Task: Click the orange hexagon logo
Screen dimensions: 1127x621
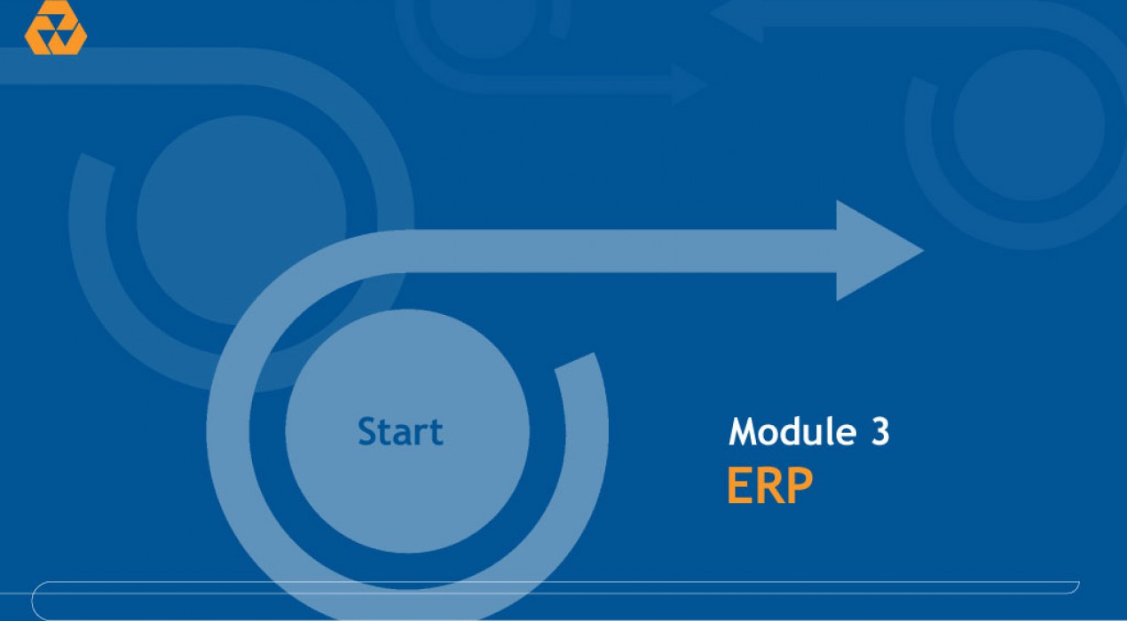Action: (x=56, y=28)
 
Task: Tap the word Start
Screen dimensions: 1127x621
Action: (x=400, y=431)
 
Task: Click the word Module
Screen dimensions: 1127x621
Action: (x=792, y=431)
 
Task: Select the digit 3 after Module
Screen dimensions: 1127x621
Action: (x=880, y=431)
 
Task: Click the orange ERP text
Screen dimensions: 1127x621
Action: (x=770, y=485)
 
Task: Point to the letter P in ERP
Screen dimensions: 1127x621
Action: (x=800, y=485)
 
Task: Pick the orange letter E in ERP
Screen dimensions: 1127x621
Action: (x=738, y=485)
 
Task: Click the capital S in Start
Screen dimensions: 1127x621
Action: (x=366, y=431)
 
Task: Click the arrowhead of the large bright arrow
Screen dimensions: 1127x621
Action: (x=876, y=250)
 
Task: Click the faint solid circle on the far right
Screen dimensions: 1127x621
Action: (x=1028, y=125)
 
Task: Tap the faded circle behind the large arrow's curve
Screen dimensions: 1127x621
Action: (x=241, y=220)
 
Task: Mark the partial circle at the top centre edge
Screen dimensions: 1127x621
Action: (x=481, y=25)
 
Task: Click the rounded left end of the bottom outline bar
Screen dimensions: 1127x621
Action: (x=33, y=601)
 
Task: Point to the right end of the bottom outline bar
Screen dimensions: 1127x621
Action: (x=1076, y=586)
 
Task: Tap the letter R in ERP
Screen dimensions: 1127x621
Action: (x=768, y=485)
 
